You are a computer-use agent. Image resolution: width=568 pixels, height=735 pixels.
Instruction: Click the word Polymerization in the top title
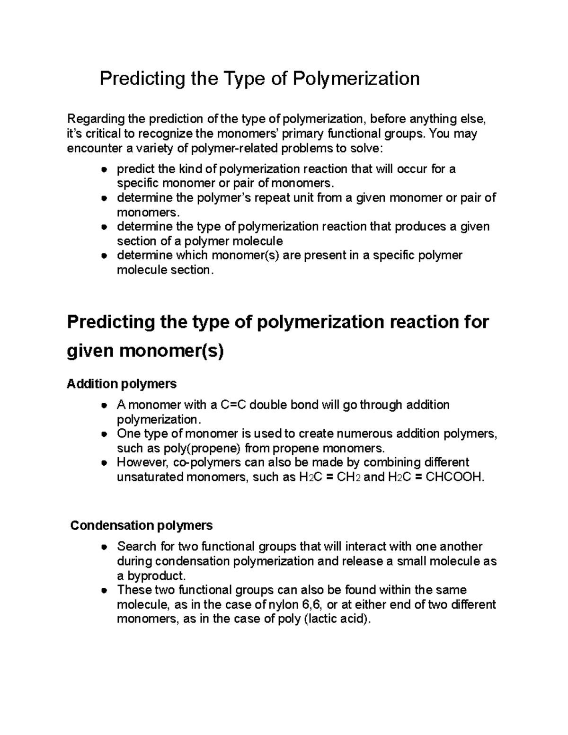pos(355,79)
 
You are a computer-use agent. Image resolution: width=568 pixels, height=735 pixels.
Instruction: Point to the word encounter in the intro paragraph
pos(93,149)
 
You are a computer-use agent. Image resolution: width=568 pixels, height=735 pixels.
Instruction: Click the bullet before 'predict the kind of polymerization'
pos(104,169)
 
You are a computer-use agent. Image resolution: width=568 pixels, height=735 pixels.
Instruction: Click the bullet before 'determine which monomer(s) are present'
pos(104,256)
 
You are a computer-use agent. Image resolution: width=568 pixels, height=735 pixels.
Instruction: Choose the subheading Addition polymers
pos(122,383)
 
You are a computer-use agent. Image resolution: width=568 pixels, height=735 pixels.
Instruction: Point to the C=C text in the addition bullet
pos(232,405)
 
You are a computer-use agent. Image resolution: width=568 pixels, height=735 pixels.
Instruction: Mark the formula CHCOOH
pos(455,477)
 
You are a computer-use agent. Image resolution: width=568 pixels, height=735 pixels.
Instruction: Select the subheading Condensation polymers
pos(141,525)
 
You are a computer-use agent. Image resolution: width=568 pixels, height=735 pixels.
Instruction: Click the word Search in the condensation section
pos(136,547)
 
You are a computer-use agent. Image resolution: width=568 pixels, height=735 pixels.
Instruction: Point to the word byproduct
pos(151,576)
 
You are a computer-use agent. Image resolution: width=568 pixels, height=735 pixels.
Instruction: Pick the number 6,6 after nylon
pos(312,605)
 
